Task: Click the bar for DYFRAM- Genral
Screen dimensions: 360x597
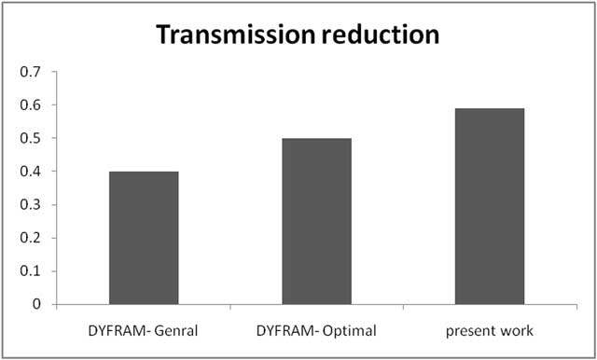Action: point(144,238)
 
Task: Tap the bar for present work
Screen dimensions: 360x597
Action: point(490,206)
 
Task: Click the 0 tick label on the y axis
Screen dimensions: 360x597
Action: point(37,304)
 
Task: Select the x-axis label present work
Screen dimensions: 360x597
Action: point(490,331)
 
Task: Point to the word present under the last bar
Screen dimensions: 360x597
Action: point(474,332)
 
